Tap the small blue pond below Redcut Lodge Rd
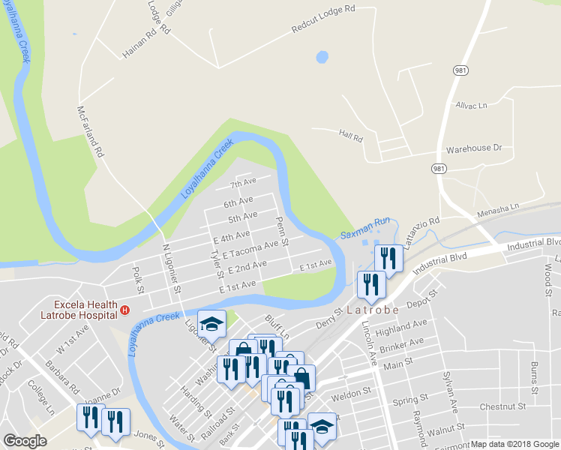(322, 57)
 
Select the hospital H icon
(125, 309)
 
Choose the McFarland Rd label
(89, 130)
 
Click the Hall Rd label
(350, 138)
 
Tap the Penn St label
(282, 229)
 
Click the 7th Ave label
(243, 183)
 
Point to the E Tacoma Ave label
(256, 247)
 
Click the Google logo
(25, 440)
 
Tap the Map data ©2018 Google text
(514, 444)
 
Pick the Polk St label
(138, 278)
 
